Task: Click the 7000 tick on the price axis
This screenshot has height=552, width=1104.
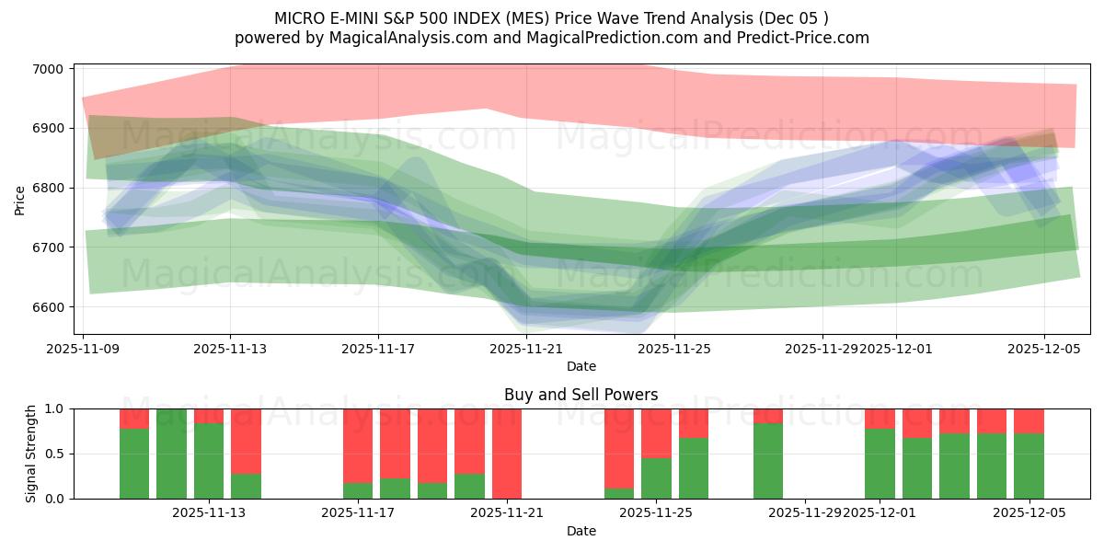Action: [x=48, y=69]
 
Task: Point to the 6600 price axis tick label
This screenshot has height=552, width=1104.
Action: [x=48, y=307]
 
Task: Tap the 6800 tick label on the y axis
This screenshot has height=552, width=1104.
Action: [x=48, y=188]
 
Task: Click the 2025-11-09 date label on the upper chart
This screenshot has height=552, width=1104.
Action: [x=84, y=349]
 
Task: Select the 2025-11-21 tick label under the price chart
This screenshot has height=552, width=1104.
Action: [x=525, y=349]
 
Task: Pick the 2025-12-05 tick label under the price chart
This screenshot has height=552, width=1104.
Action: [x=1043, y=349]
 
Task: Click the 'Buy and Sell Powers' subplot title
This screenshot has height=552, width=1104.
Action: [x=581, y=395]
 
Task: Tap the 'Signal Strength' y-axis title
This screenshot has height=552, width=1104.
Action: [x=31, y=454]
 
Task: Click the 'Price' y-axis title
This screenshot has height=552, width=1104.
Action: [x=20, y=200]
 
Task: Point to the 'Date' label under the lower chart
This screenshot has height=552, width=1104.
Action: [x=581, y=531]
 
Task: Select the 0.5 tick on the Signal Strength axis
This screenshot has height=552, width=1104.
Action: [x=54, y=454]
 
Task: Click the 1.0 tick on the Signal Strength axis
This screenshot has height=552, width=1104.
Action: [x=54, y=408]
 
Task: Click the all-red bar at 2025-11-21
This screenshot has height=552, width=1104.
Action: [x=507, y=454]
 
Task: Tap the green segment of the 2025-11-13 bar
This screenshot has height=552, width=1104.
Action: [x=209, y=461]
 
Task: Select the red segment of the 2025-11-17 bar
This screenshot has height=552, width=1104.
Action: [x=358, y=445]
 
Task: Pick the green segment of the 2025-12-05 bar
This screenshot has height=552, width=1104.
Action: [x=1029, y=466]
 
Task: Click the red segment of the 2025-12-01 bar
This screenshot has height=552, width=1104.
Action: [x=880, y=419]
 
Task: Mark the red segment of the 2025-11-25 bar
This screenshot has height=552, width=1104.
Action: [x=656, y=433]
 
